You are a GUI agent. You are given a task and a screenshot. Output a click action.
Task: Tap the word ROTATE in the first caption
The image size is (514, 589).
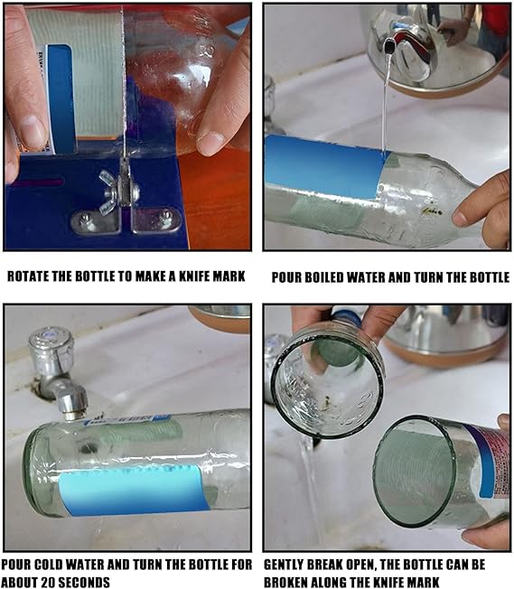[x=27, y=276]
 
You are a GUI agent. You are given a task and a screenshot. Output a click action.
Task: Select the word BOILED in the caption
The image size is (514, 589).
[x=323, y=277]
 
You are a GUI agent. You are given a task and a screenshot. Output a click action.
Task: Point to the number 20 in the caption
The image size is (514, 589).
[x=48, y=583]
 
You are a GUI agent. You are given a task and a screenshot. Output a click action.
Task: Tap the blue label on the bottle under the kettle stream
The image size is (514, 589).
[x=324, y=167]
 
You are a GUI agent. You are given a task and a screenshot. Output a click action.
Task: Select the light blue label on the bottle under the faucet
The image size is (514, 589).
[x=132, y=491]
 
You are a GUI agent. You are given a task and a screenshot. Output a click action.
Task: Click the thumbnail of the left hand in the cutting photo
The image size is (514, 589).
[x=33, y=129]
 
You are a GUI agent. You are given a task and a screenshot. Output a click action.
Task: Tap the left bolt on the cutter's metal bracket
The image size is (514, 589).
[x=86, y=217]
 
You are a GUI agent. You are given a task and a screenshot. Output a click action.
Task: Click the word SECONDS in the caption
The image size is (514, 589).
[x=84, y=583]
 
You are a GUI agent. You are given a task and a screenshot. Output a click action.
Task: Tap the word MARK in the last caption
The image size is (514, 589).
[x=423, y=583]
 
